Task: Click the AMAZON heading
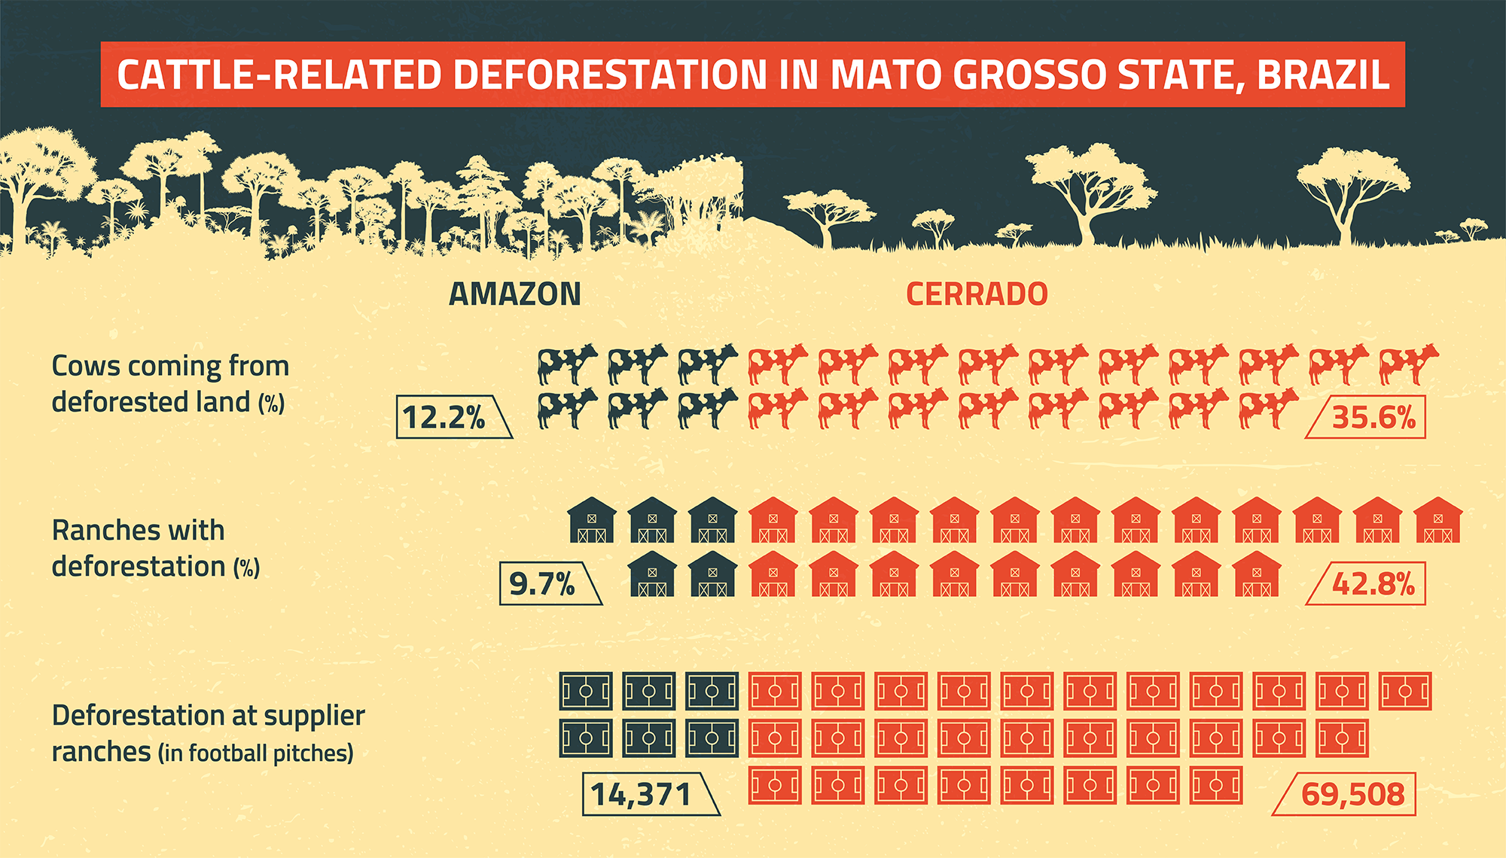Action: click(x=515, y=294)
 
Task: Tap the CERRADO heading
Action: click(x=977, y=294)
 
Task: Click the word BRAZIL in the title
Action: click(x=1323, y=75)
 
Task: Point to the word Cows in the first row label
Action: click(x=86, y=367)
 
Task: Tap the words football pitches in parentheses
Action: click(x=270, y=753)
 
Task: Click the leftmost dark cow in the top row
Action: click(x=567, y=364)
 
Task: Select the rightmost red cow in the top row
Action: click(x=1408, y=364)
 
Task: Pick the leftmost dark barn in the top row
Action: click(x=591, y=520)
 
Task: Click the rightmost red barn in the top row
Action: click(x=1437, y=520)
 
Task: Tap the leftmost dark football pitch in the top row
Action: click(x=586, y=691)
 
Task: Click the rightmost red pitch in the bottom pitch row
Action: click(x=1215, y=786)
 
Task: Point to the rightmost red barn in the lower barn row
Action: click(x=1256, y=574)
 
